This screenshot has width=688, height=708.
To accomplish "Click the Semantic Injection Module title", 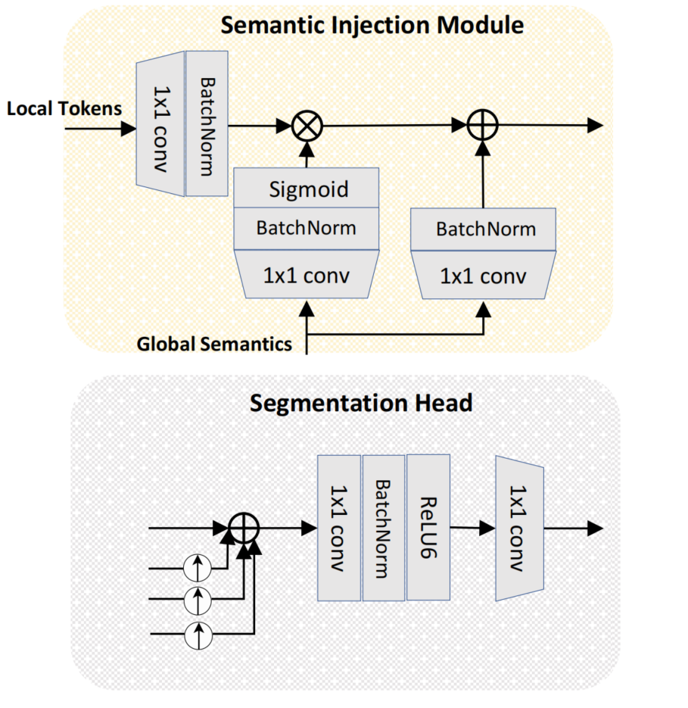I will pos(372,26).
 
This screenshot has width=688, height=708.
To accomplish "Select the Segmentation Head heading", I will pos(361,403).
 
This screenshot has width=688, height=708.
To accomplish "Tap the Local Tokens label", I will pos(64,109).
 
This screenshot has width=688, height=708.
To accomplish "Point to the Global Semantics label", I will pos(214,345).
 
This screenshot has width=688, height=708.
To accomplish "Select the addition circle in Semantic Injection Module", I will pos(481,126).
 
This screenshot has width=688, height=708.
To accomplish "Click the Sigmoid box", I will pos(307,188).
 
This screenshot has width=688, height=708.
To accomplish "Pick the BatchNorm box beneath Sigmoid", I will pos(307,227).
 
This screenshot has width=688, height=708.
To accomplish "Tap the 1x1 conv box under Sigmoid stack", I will pos(307,275).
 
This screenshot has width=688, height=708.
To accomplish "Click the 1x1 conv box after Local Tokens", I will pos(160,123).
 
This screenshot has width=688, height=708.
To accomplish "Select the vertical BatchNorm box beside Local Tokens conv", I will pos(207,123).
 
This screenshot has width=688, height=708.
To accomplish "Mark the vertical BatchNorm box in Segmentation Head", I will pos(384,528).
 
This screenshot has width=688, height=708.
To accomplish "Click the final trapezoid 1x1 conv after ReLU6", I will pos(520,528).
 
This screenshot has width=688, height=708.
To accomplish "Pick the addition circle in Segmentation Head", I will pos(244,528).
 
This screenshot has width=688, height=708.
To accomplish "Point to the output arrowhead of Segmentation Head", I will pos(595,528).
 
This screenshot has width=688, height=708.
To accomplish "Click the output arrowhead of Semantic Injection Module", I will pos(595,126).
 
